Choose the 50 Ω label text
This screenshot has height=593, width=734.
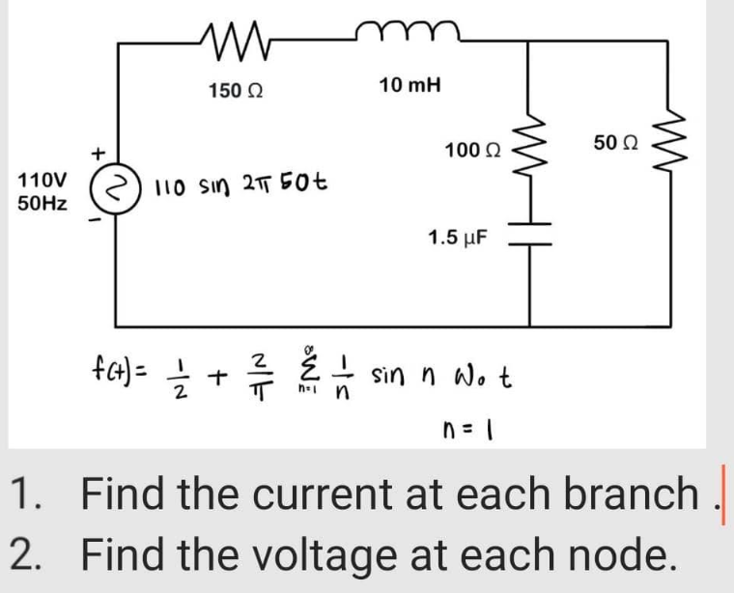610,143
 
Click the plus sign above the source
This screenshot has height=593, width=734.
97,153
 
